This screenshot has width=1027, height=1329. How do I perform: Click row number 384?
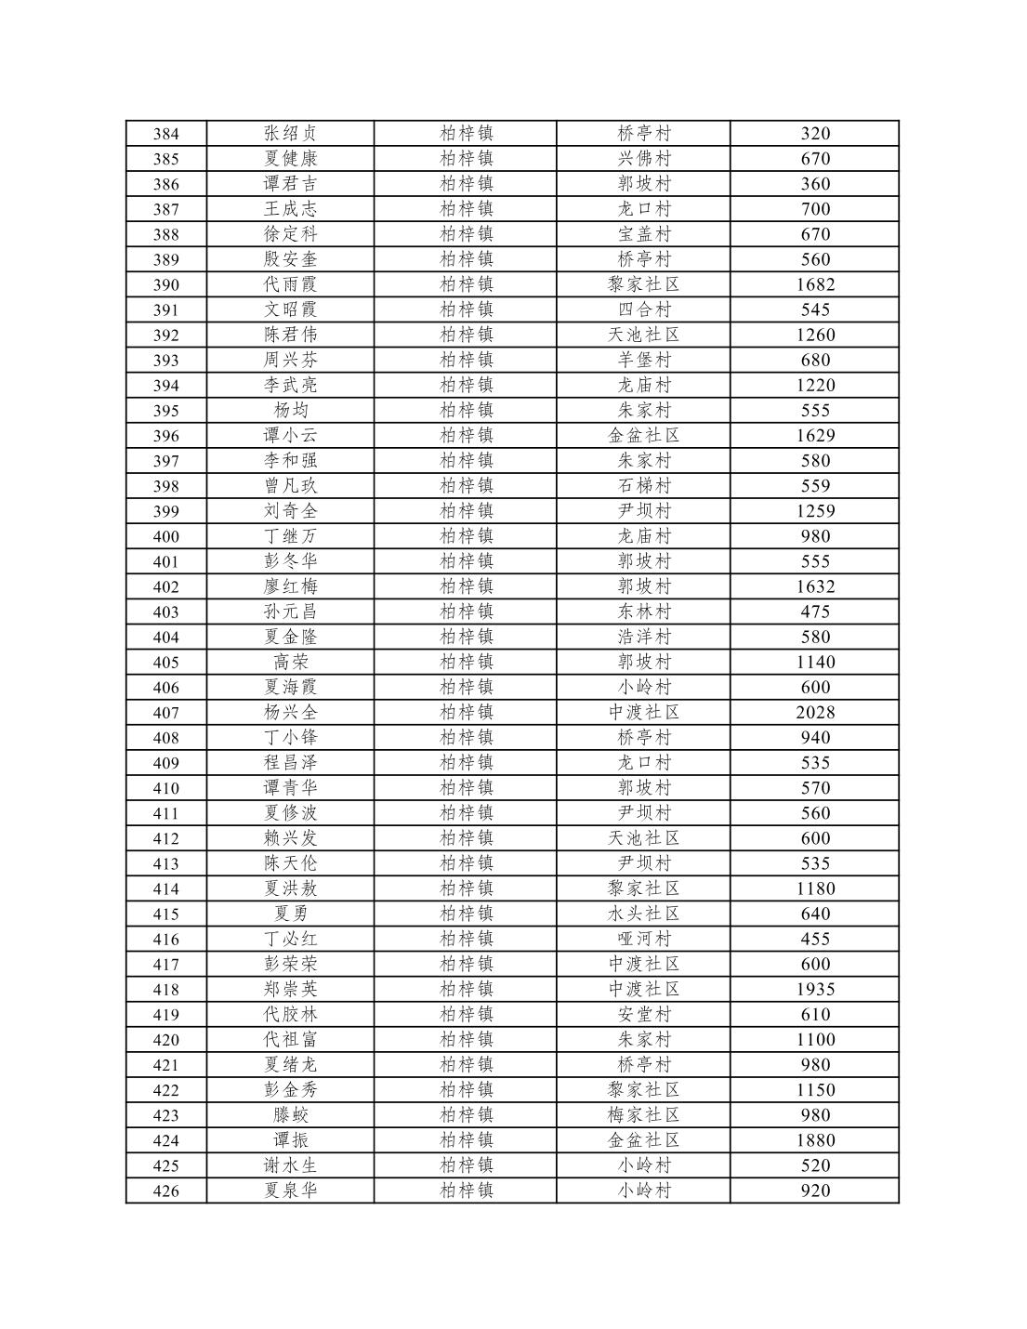165,134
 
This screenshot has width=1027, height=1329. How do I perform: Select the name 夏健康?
290,159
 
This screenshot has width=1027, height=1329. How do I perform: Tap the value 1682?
814,284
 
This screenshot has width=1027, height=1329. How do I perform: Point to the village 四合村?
643,309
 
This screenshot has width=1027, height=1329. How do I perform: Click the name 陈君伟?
290,335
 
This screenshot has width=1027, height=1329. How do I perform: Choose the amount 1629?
814,435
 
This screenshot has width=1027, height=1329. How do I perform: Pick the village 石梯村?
643,485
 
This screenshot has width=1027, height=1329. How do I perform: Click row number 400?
165,536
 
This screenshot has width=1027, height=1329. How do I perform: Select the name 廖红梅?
290,586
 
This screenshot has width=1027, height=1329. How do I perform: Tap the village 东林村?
643,612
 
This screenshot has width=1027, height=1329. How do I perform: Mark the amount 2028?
814,712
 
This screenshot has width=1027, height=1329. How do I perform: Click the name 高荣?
290,662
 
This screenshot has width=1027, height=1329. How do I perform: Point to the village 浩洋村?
643,637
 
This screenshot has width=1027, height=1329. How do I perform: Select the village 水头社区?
643,914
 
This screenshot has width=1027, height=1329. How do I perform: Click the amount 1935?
814,989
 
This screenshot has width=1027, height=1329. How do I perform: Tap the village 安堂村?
643,1014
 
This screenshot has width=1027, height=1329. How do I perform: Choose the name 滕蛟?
290,1114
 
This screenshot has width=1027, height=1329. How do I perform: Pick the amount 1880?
814,1139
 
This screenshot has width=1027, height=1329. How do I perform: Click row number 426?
165,1191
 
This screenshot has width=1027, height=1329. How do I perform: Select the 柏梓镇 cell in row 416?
466,939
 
